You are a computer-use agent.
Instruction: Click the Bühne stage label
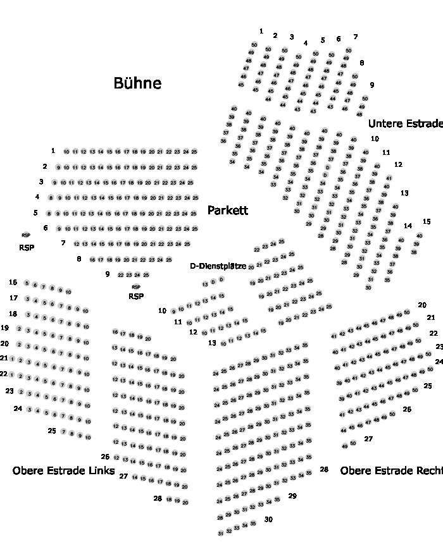coord(137,83)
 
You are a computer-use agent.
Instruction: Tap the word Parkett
coord(227,211)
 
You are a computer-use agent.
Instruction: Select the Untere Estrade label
coord(405,123)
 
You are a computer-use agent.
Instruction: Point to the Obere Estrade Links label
coord(63,470)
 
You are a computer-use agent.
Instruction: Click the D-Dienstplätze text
coord(218,266)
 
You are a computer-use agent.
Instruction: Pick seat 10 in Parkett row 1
coord(66,152)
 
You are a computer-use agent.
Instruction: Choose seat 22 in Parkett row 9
coord(120,275)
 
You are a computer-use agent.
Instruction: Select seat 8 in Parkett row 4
coord(50,198)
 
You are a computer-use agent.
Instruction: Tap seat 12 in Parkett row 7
coord(77,244)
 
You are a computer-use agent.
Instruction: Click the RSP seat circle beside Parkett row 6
coord(26,235)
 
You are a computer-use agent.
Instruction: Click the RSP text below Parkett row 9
coord(136,296)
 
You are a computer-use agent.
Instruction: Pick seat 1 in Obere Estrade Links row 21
coord(12,360)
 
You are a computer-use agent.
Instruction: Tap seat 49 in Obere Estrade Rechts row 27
coord(345,445)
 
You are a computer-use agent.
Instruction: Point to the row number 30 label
coord(268,519)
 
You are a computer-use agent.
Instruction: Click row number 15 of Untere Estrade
coord(427,221)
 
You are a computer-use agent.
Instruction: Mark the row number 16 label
coord(13,282)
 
